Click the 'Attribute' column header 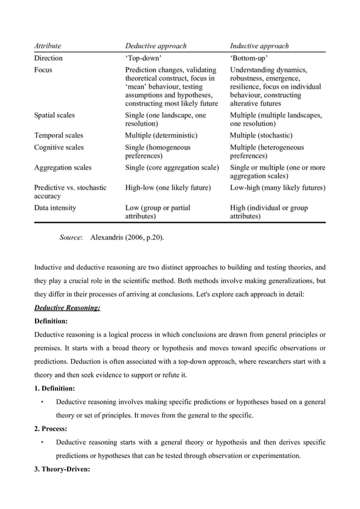[48, 46]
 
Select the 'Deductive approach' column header [155, 46]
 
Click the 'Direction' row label [49, 58]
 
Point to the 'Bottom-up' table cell [249, 58]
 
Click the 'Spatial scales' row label [54, 115]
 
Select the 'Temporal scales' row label [59, 135]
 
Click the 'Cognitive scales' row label [59, 147]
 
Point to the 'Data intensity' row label [55, 208]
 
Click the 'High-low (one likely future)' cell [168, 187]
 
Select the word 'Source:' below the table [71, 238]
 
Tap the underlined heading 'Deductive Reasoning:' [67, 308]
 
